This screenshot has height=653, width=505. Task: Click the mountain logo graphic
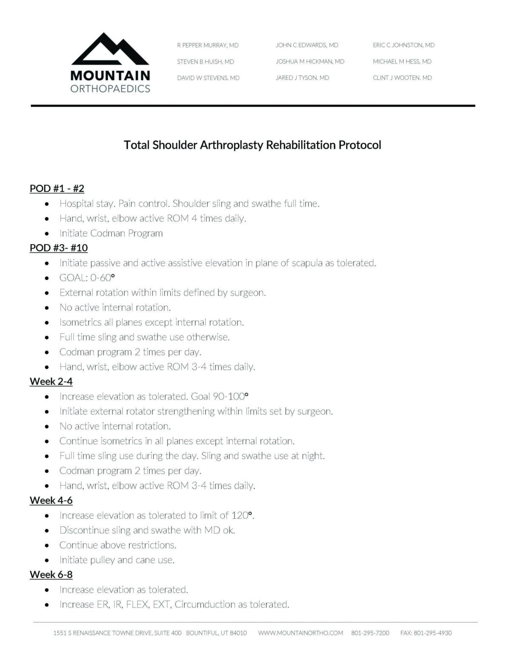tap(110, 49)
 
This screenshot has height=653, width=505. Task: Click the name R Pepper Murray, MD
tap(208, 45)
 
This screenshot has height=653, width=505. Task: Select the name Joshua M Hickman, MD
tap(310, 62)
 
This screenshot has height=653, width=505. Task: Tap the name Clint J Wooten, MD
tap(402, 78)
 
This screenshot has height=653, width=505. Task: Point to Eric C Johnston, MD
tap(403, 45)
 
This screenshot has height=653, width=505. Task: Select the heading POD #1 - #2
tap(57, 188)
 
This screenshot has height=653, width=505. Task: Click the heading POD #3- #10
tap(59, 248)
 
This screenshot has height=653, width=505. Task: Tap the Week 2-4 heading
tap(51, 381)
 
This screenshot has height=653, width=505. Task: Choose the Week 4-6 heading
tap(51, 500)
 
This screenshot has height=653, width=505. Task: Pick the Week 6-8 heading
tap(51, 575)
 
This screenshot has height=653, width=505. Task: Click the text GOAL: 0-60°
tap(87, 278)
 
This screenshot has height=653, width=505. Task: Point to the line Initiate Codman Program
tap(111, 233)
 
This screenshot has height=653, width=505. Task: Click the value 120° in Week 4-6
tap(242, 515)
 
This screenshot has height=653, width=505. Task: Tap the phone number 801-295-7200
tap(370, 633)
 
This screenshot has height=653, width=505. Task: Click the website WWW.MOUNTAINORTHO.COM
tap(300, 633)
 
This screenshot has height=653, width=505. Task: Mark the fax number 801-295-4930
tap(426, 633)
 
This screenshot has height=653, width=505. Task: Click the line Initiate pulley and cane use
tap(117, 560)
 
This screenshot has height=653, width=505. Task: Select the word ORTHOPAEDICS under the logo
tap(110, 89)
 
